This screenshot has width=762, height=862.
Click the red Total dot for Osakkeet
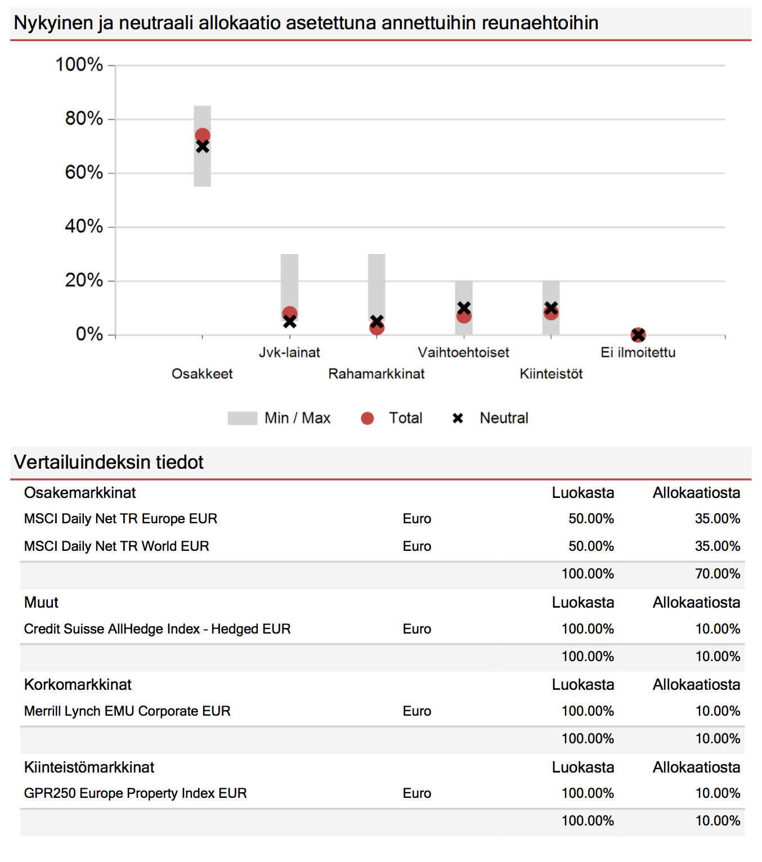203,135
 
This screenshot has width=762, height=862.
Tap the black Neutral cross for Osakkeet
203,147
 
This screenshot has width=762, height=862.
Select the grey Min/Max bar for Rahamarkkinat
376,281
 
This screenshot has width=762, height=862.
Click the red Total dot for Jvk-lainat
290,313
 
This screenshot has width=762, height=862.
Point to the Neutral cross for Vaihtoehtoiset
464,308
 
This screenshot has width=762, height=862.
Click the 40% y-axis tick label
84,227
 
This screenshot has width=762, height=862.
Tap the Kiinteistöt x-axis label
551,374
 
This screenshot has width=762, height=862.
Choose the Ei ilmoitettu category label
638,353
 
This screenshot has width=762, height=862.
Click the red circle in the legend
367,419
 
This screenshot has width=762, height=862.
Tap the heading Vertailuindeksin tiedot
109,463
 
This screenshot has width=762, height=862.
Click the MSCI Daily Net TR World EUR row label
116,546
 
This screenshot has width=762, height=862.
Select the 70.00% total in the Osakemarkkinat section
717,574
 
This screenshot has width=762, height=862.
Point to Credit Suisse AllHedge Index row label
157,629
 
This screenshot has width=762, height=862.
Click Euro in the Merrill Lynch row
416,711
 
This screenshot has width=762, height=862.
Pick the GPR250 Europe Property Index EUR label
135,793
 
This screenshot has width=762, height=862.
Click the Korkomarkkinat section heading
78,685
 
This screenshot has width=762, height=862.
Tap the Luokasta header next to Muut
582,603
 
